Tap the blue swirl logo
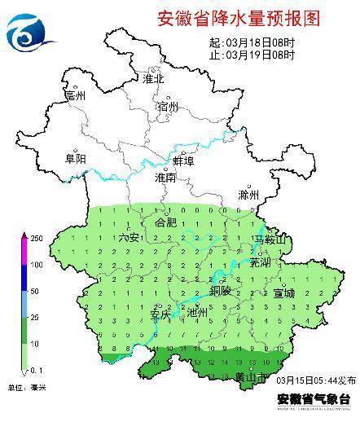click(x=30, y=33)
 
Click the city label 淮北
click(x=153, y=79)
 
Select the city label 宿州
click(x=169, y=106)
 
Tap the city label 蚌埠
click(x=184, y=161)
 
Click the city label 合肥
click(x=165, y=222)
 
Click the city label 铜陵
click(x=221, y=290)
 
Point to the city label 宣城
click(x=284, y=292)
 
